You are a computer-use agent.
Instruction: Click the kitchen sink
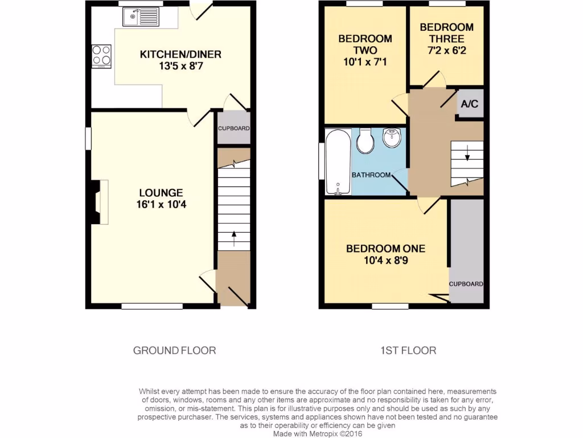click(x=141, y=17)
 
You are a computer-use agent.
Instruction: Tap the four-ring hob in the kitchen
click(x=101, y=56)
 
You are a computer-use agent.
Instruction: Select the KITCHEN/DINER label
click(x=180, y=55)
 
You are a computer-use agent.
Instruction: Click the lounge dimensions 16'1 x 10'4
click(x=162, y=204)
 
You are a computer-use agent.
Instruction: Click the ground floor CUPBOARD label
click(x=233, y=128)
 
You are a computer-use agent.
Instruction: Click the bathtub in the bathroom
click(x=338, y=162)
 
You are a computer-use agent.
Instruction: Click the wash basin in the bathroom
click(x=392, y=138)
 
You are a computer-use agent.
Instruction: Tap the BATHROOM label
click(x=371, y=175)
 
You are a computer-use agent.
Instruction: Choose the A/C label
click(x=470, y=104)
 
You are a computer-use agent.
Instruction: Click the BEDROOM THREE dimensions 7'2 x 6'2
click(x=446, y=51)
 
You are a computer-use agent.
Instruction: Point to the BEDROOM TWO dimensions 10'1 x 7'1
click(x=365, y=62)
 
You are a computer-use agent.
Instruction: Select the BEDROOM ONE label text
click(x=385, y=249)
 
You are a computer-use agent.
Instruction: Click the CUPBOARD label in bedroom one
click(x=466, y=284)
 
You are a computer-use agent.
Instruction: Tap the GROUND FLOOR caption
click(x=174, y=350)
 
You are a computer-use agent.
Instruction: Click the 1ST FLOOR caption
click(x=408, y=350)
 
